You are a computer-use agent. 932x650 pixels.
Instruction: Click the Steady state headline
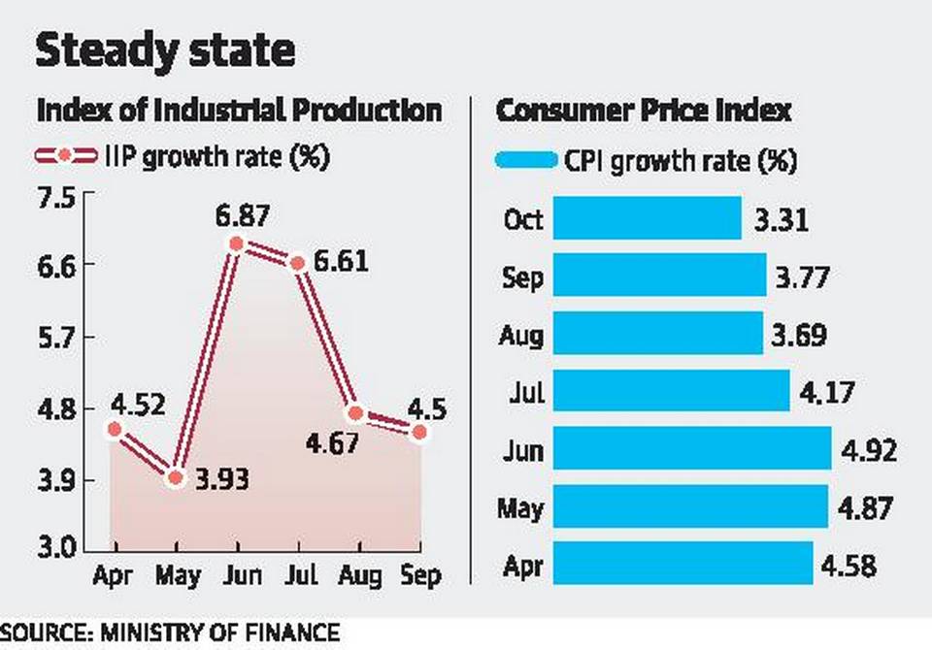(164, 50)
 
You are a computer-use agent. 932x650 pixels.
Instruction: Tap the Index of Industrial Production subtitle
(239, 111)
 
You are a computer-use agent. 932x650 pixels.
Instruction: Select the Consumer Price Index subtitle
(644, 111)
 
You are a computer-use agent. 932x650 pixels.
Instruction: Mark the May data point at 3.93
(175, 477)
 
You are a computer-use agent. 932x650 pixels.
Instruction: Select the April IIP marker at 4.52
(115, 429)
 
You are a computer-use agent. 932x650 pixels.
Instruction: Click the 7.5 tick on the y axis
(56, 198)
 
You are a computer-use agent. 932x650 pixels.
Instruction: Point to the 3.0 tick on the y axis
(56, 549)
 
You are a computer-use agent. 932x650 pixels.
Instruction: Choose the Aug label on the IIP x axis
(359, 576)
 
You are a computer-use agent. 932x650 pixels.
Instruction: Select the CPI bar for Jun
(692, 450)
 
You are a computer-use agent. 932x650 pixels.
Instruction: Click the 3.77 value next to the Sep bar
(801, 278)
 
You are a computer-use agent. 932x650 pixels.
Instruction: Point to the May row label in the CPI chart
(521, 507)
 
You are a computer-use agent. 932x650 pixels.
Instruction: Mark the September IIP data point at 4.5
(419, 432)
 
